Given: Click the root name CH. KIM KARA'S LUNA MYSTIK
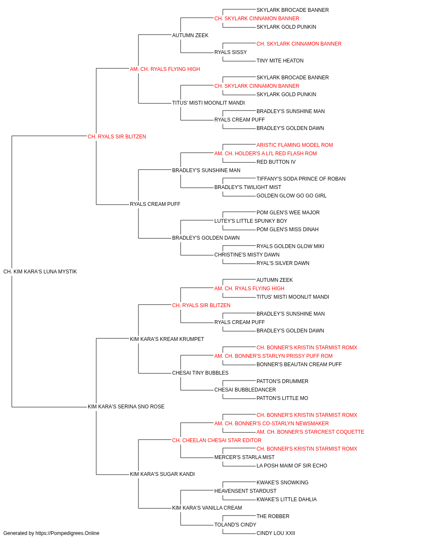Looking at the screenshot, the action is tap(40, 272).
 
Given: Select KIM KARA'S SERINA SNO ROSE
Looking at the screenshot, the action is tap(126, 407).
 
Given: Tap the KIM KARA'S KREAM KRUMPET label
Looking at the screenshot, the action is tap(167, 339).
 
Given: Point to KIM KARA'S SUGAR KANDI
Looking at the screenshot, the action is tap(162, 474).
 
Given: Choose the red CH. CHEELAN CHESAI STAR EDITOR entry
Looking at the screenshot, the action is tap(217, 440).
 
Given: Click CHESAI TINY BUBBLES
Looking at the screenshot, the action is tap(200, 373).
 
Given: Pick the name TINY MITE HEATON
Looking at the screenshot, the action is tap(280, 61).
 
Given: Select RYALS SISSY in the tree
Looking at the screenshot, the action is tap(230, 52).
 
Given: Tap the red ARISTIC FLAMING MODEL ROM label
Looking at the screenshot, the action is tap(295, 145).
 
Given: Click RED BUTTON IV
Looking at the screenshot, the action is tap(276, 162).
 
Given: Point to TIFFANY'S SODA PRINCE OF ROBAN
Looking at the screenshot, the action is tap(301, 179).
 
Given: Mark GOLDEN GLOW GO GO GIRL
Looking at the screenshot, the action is tap(291, 196).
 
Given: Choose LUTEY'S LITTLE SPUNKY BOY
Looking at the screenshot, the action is tap(251, 221).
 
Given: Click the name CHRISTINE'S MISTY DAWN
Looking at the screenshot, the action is tap(247, 255).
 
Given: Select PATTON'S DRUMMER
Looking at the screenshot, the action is tap(282, 381).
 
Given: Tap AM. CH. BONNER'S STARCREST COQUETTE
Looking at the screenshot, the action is tap(310, 432).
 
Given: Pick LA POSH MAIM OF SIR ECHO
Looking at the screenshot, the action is tap(292, 465).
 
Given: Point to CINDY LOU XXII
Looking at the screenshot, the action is tap(276, 533).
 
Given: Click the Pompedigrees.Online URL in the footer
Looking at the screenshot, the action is tap(67, 533).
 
